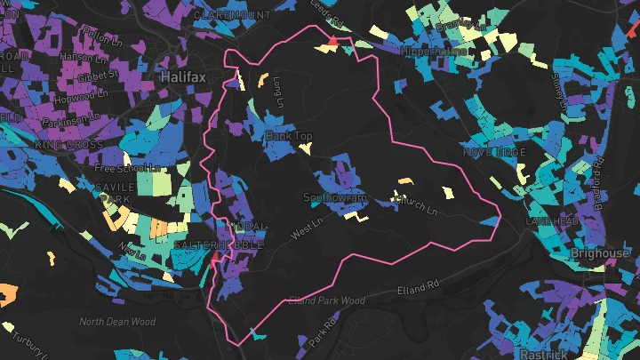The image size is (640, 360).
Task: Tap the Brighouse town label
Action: (600, 253)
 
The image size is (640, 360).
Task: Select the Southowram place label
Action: (334, 197)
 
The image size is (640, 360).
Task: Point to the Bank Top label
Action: (289, 136)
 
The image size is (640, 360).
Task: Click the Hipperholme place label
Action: (435, 52)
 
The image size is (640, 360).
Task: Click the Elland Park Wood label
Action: (326, 301)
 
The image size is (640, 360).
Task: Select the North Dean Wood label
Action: (117, 322)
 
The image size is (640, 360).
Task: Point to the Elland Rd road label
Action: (418, 287)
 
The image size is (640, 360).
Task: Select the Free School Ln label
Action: (125, 168)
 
